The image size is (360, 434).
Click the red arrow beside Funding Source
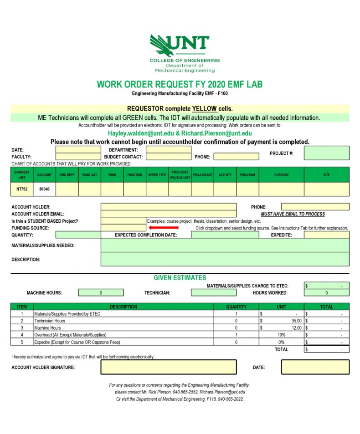click(x=164, y=227)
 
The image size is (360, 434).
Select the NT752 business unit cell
click(x=21, y=189)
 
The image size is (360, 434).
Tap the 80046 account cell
click(x=44, y=189)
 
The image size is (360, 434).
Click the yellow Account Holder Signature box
click(x=168, y=367)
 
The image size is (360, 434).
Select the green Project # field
click(x=326, y=153)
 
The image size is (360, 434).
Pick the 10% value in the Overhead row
click(x=281, y=335)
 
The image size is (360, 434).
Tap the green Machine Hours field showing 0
click(x=101, y=293)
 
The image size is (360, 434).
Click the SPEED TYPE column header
click(x=157, y=175)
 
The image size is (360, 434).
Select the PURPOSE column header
click(x=281, y=175)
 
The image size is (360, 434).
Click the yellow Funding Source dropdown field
click(x=123, y=228)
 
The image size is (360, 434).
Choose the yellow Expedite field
click(x=326, y=235)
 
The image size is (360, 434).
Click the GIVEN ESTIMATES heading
click(x=180, y=278)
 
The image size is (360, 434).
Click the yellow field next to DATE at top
click(x=78, y=150)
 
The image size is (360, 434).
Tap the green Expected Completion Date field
click(x=225, y=235)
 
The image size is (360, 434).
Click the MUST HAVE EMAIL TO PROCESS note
click(x=293, y=214)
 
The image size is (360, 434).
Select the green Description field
click(x=225, y=260)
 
